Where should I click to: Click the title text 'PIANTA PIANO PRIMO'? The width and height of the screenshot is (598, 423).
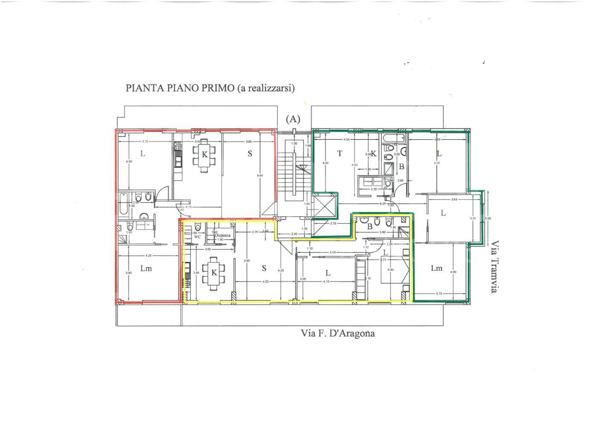point(179,88)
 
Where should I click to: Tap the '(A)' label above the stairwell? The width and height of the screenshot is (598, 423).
point(293,119)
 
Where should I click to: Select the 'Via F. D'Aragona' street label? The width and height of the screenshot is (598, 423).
point(338,334)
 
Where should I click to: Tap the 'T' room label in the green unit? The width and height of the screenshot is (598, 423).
point(340,153)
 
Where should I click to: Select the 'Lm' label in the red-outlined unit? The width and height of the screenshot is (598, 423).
point(147,268)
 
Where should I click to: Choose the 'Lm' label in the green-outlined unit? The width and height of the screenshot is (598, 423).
point(436,268)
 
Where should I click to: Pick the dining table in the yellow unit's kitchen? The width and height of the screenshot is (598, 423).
point(213,272)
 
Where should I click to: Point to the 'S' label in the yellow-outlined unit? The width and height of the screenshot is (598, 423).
point(264,268)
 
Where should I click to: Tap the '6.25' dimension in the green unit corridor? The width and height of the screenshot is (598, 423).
point(383,203)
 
